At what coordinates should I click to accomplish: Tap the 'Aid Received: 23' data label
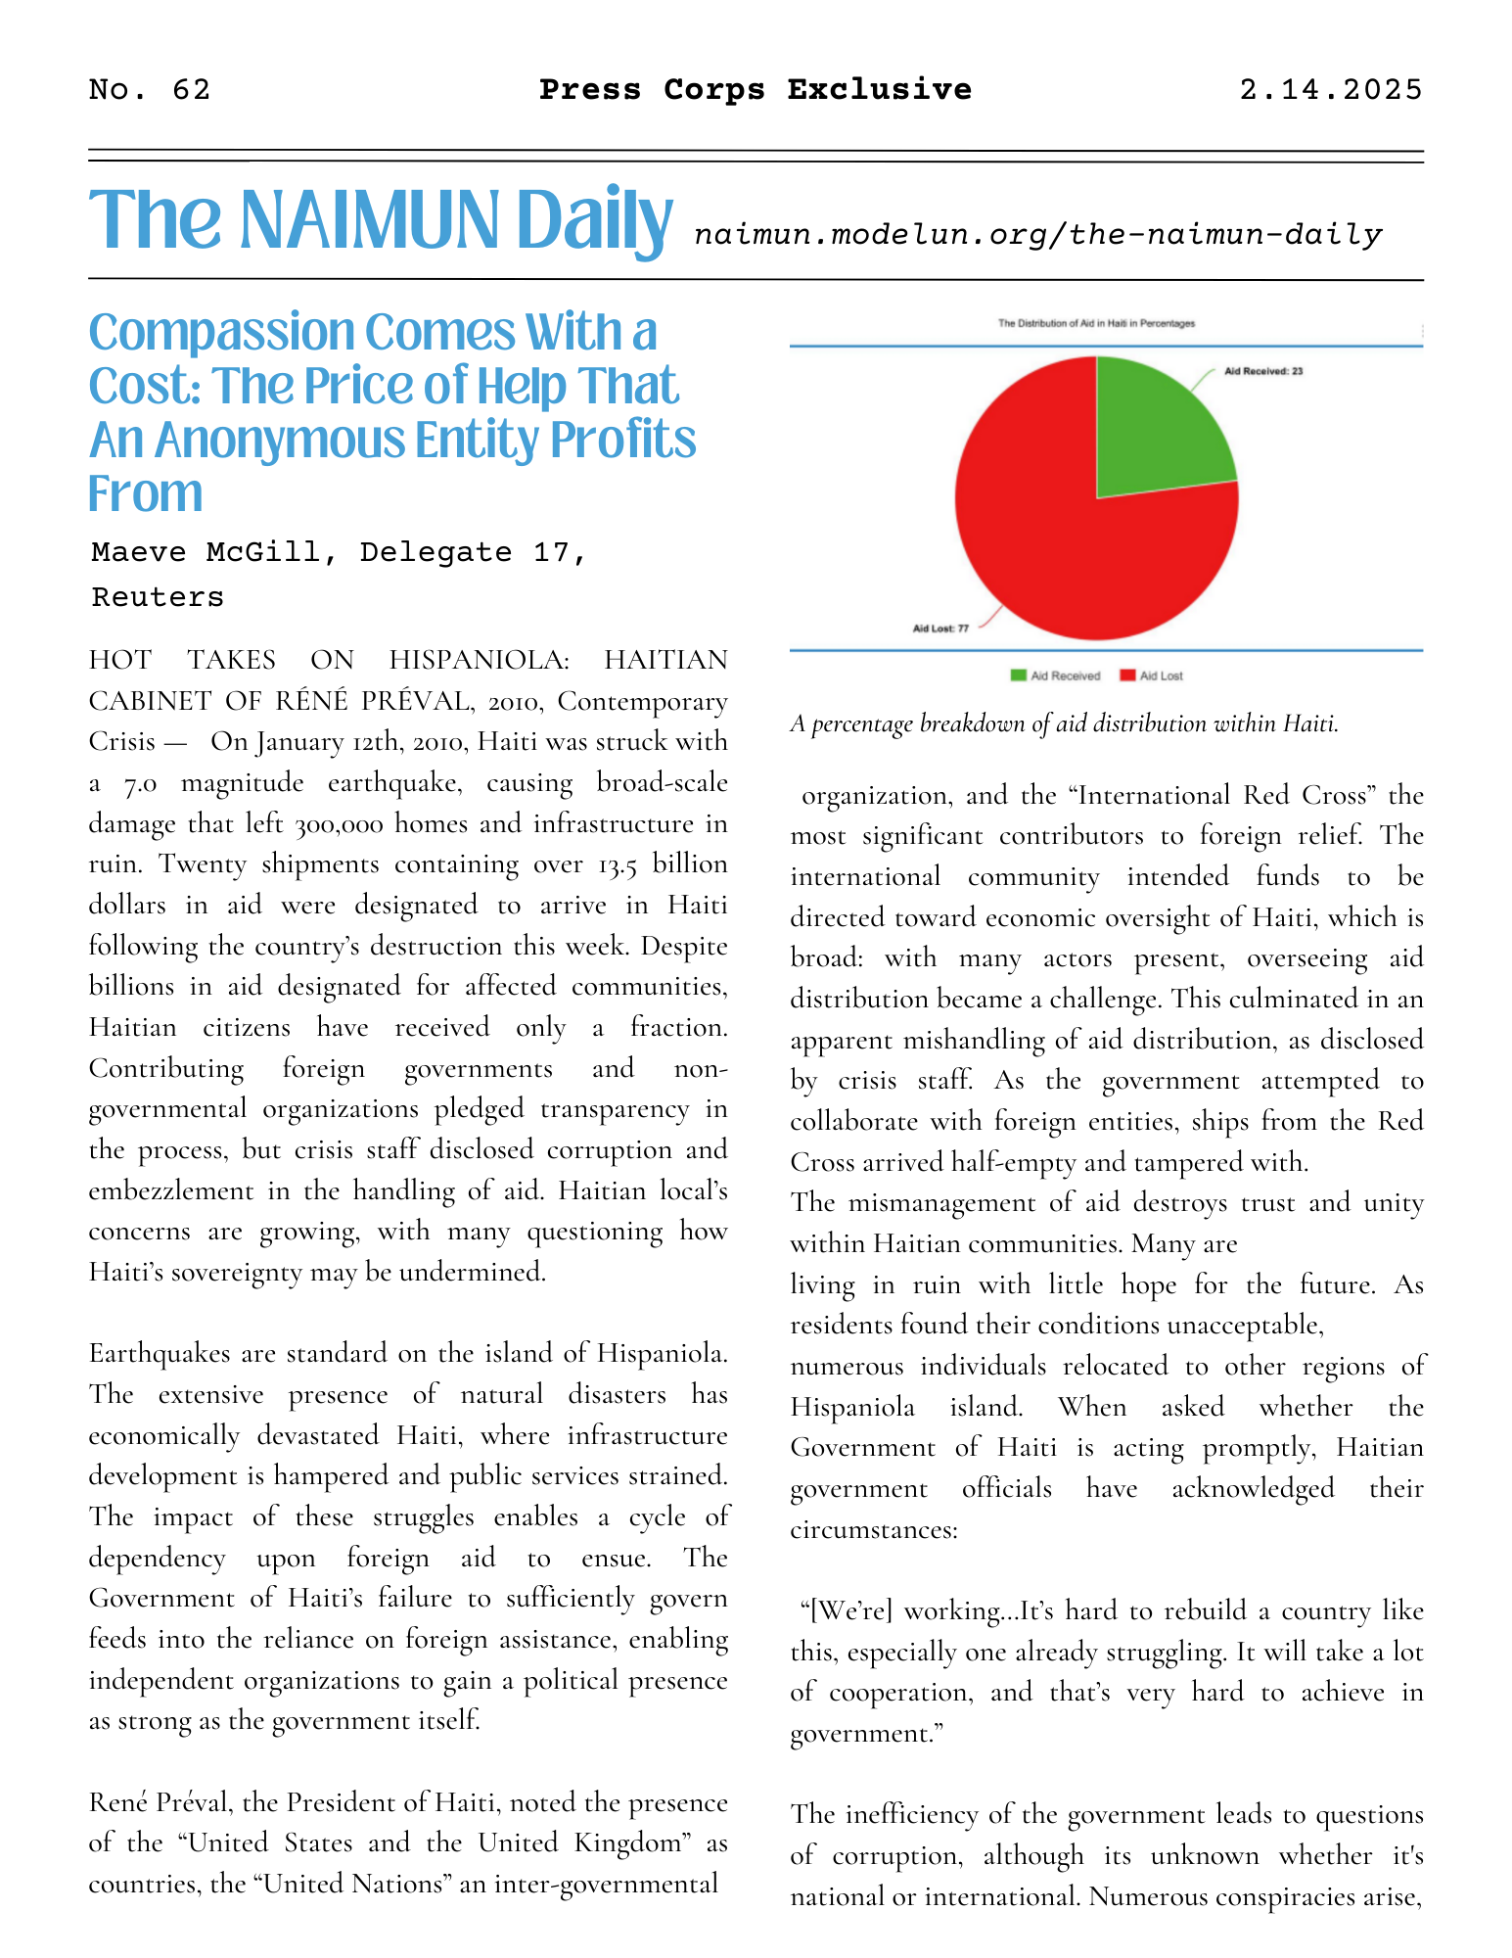coord(1263,372)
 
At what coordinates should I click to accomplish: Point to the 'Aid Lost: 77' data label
coord(940,629)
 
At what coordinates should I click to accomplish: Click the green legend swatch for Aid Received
coord(1019,676)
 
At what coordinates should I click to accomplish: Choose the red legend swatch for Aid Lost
coord(1127,676)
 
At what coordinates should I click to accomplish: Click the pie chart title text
coord(1096,323)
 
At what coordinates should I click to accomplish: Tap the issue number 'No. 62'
coord(149,90)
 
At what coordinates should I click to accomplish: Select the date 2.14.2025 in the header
coord(1330,90)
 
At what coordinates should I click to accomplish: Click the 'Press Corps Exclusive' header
coord(756,90)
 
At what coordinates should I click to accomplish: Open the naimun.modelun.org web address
coord(1037,235)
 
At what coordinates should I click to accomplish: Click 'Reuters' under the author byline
coord(158,597)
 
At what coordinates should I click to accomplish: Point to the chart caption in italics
coord(1064,724)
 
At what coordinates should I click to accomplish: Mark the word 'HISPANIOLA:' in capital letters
coord(479,660)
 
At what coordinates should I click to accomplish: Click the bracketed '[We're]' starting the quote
coord(845,1610)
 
